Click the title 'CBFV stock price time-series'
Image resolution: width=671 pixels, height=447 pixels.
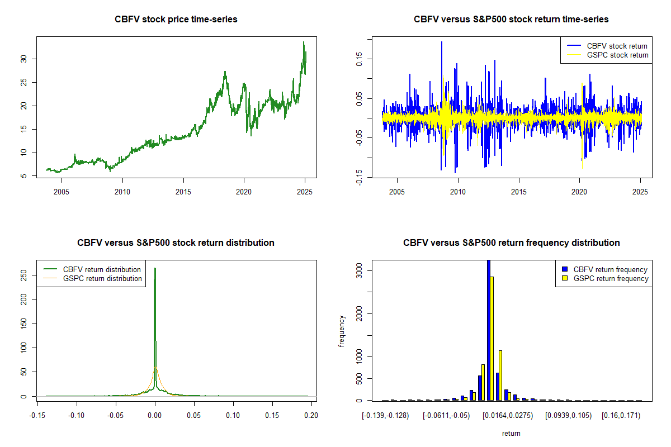point(176,20)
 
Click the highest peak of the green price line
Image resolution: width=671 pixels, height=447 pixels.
point(304,42)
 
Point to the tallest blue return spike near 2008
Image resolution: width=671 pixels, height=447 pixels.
point(442,42)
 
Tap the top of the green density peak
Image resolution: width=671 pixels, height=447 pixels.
point(155,269)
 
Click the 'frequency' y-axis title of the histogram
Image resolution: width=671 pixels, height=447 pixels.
point(342,331)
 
